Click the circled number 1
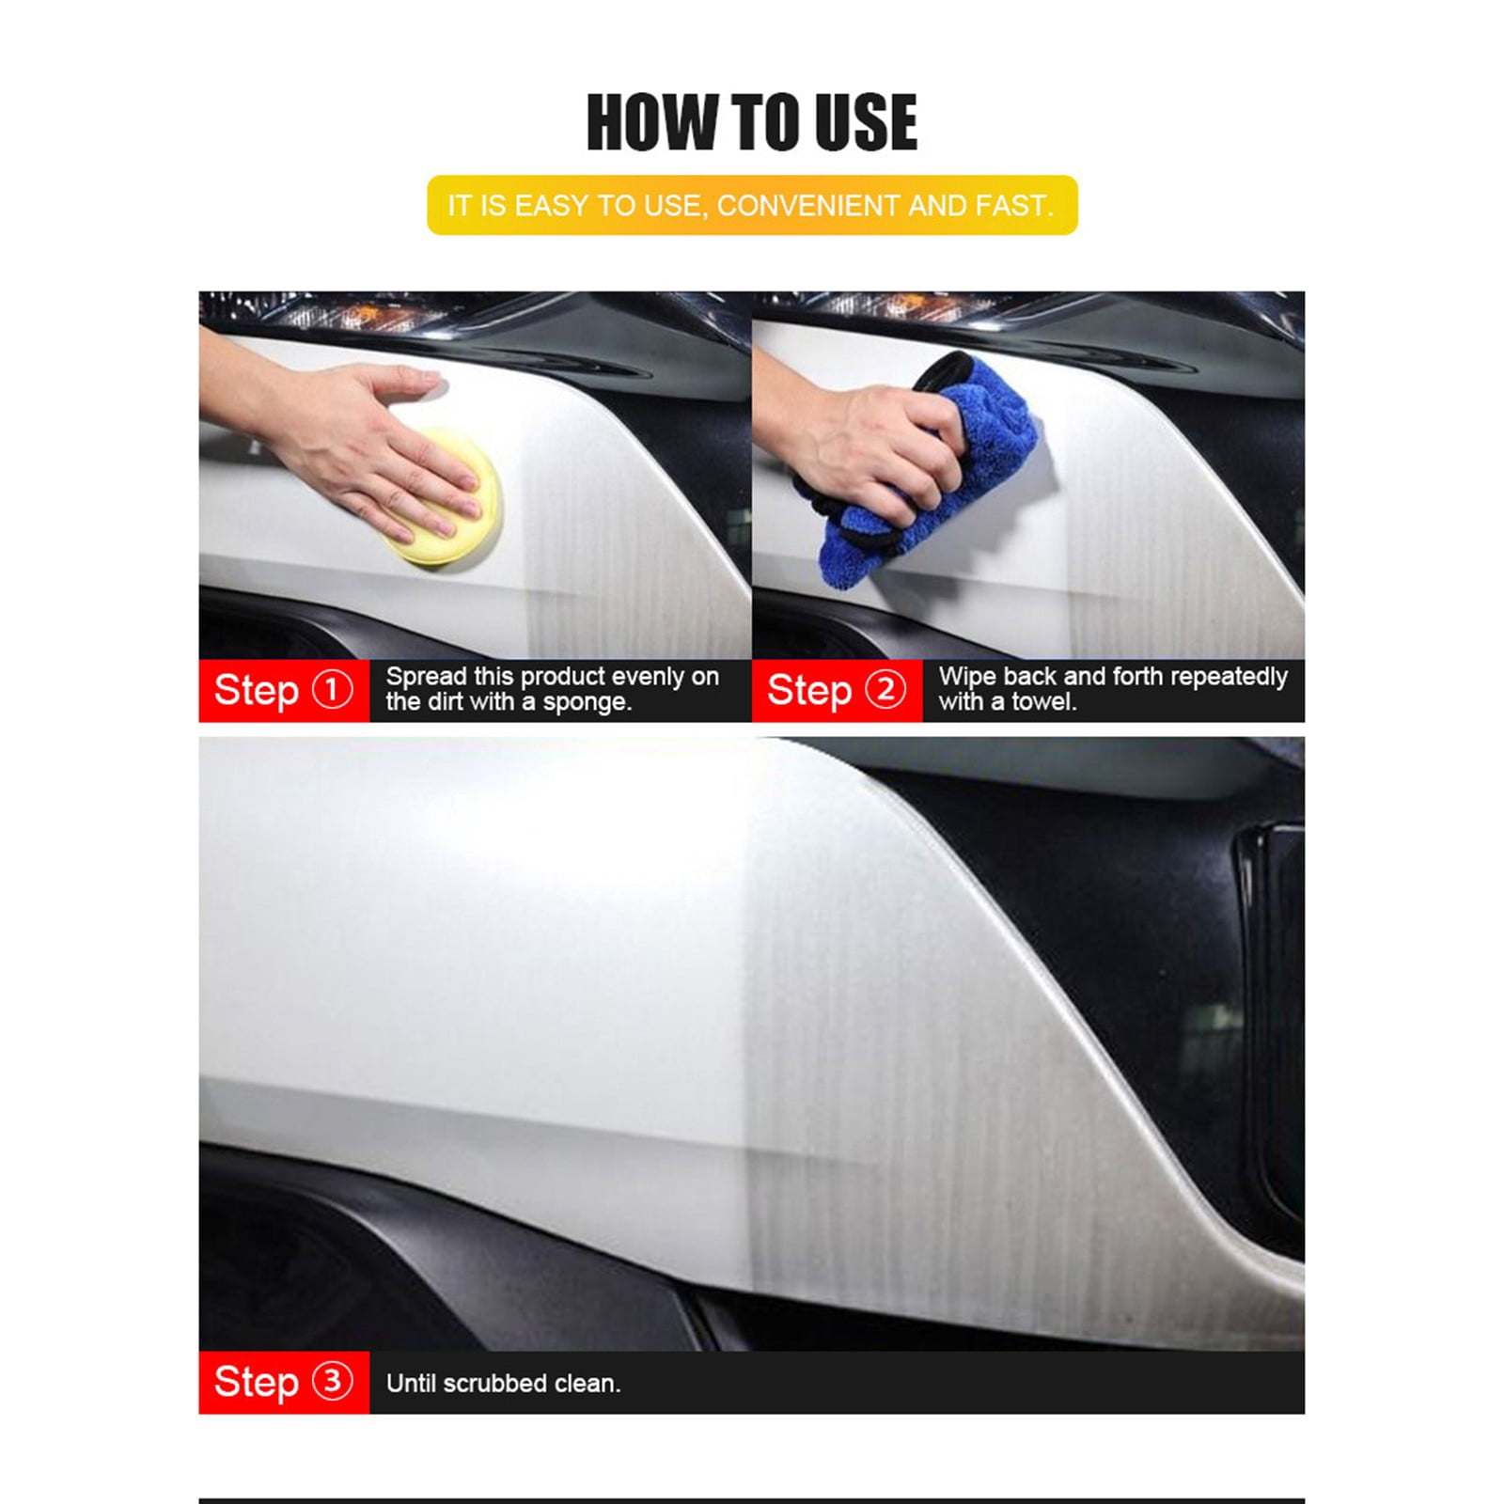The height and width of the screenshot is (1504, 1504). pyautogui.click(x=332, y=690)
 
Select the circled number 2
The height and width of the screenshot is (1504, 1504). pyautogui.click(x=885, y=690)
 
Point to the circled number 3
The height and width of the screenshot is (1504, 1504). pyautogui.click(x=332, y=1382)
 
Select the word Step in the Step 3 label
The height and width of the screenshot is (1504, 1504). pyautogui.click(x=256, y=1383)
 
